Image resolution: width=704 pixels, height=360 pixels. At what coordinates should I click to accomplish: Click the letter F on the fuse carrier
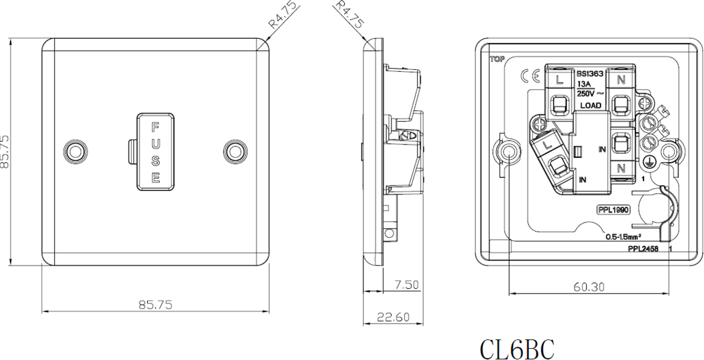tap(156, 126)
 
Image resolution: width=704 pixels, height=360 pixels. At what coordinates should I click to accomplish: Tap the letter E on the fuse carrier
tap(156, 177)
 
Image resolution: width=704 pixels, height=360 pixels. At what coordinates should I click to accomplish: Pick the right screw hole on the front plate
tap(235, 152)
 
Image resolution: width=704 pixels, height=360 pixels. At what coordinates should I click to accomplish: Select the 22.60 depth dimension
tap(393, 317)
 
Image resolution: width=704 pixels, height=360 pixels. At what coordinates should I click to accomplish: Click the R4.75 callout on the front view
tap(284, 15)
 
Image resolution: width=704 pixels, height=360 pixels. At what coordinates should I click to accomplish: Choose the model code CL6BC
tap(517, 348)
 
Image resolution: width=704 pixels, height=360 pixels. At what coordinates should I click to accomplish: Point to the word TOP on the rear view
tap(496, 59)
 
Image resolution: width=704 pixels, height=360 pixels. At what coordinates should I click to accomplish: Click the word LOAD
tap(590, 105)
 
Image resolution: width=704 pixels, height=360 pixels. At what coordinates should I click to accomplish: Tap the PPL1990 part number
tap(612, 210)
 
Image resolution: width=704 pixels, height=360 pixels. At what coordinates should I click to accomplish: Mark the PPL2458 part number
tap(642, 249)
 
